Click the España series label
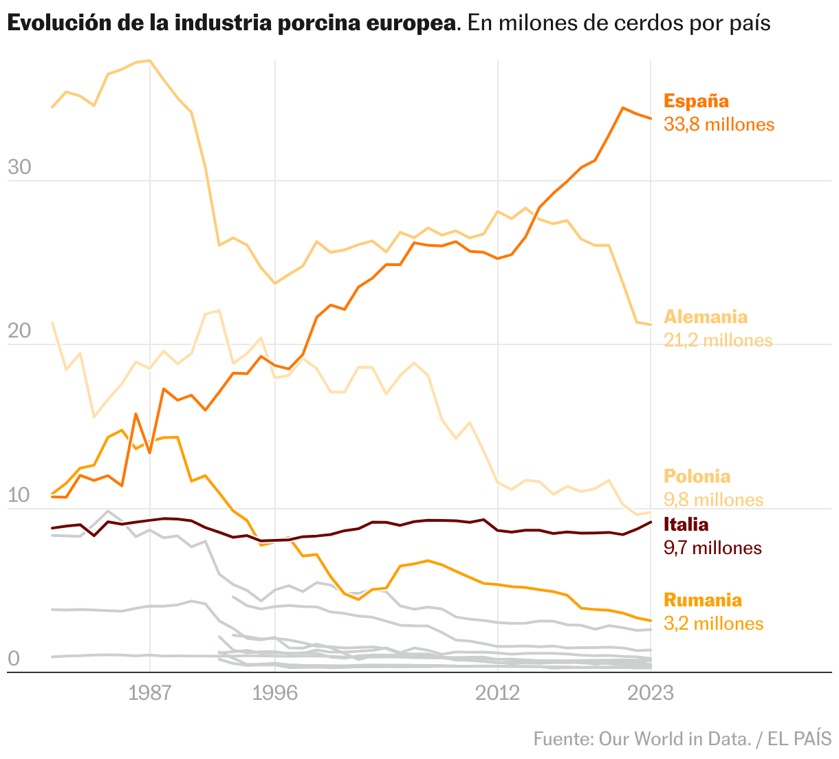pyautogui.click(x=696, y=101)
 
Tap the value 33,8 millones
pyautogui.click(x=719, y=124)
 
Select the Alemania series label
pyautogui.click(x=705, y=317)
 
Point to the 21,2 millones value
pyautogui.click(x=718, y=340)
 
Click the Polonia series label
pyautogui.click(x=697, y=476)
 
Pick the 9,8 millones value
pyautogui.click(x=713, y=500)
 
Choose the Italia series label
pyautogui.click(x=686, y=525)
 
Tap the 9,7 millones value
pyautogui.click(x=712, y=548)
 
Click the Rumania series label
pyautogui.click(x=702, y=600)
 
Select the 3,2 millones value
pyautogui.click(x=713, y=624)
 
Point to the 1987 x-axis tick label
pyautogui.click(x=149, y=694)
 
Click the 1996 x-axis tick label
pyautogui.click(x=275, y=694)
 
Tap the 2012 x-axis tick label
pyautogui.click(x=497, y=694)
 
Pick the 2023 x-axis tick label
pyautogui.click(x=651, y=694)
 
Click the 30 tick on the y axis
pyautogui.click(x=19, y=168)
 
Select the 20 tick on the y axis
pyautogui.click(x=19, y=331)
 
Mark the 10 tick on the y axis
pyautogui.click(x=19, y=496)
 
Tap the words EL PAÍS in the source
pyautogui.click(x=800, y=739)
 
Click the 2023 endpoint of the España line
pyautogui.click(x=651, y=118)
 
